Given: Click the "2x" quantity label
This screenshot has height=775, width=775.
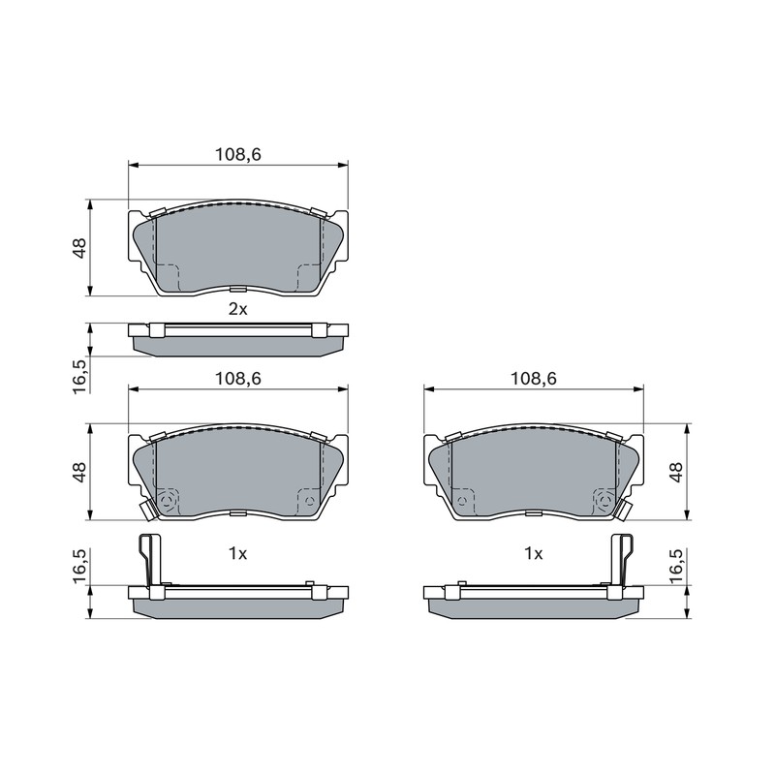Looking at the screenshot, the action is point(237,309).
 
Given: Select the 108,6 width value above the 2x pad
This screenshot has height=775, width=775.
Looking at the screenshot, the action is point(237,155).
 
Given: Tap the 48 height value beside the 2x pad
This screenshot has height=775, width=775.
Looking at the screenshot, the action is point(79,248).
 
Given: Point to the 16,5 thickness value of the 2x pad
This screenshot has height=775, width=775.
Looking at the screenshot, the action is point(79,377).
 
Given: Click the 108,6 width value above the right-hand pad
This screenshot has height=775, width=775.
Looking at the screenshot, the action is point(534,379).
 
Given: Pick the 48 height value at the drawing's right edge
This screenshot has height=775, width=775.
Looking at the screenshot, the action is point(675,472).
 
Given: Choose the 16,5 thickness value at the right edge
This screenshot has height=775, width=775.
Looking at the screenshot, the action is point(675,567).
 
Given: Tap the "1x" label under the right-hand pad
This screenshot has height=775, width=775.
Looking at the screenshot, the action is point(534,553).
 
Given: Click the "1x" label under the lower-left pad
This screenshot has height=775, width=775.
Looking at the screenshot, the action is point(237,553).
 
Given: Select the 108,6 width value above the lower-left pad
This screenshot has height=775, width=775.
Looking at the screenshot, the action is point(237,379).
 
